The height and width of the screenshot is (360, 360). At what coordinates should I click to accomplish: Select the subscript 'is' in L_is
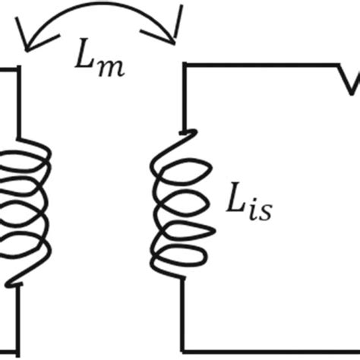pyautogui.click(x=258, y=211)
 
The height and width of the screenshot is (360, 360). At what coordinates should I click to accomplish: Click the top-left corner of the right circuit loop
pyautogui.click(x=183, y=68)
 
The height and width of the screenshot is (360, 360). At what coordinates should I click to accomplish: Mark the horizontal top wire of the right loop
pyautogui.click(x=258, y=68)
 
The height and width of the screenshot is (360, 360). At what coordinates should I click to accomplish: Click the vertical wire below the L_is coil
pyautogui.click(x=183, y=311)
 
